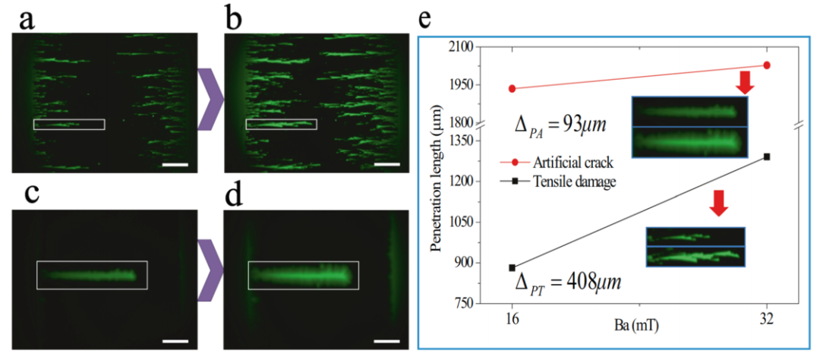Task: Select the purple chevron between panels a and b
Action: pos(210,99)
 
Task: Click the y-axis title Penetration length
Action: pos(437,183)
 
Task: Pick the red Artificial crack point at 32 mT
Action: pos(767,65)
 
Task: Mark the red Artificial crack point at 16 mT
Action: pos(512,89)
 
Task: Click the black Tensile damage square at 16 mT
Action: pos(512,268)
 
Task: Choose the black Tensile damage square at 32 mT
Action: pos(767,156)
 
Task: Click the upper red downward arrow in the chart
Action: pos(746,83)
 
